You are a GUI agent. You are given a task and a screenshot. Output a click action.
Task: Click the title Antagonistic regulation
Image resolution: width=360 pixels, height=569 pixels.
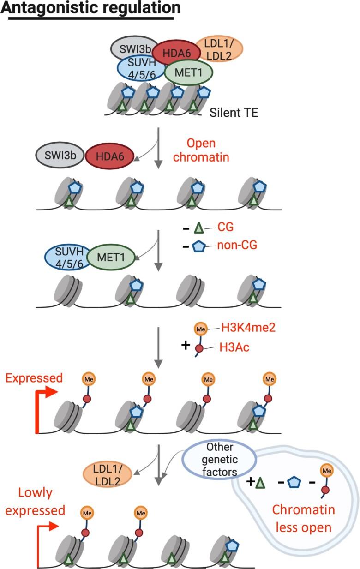(x=90, y=8)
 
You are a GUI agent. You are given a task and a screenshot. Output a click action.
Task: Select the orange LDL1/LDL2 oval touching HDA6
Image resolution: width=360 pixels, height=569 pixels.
(x=219, y=48)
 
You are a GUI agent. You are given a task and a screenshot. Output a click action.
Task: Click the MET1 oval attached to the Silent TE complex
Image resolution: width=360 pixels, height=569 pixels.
(x=188, y=73)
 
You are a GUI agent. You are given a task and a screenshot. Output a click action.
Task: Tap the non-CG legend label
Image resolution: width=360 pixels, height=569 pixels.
(x=236, y=246)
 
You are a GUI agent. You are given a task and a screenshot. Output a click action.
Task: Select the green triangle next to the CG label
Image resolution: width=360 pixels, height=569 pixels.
(x=199, y=227)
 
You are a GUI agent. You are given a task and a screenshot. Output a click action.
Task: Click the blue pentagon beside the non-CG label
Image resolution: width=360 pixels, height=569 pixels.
(x=199, y=246)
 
